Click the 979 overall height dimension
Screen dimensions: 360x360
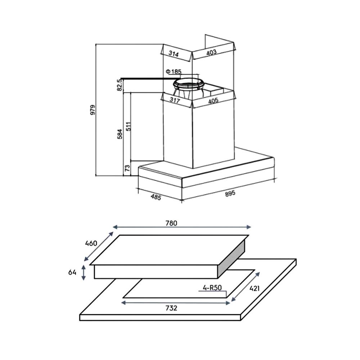(93, 110)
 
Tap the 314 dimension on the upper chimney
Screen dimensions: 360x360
(174, 54)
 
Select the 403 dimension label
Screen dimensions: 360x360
(211, 53)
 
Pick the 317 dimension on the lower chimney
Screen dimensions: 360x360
(174, 101)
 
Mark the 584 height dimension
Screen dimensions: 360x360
(120, 134)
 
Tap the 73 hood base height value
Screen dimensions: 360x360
(127, 168)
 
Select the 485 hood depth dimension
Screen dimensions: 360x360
(156, 197)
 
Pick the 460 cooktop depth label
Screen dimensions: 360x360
(91, 243)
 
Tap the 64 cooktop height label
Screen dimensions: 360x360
(72, 273)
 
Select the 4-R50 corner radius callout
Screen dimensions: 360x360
(211, 288)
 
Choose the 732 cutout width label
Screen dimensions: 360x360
(171, 308)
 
